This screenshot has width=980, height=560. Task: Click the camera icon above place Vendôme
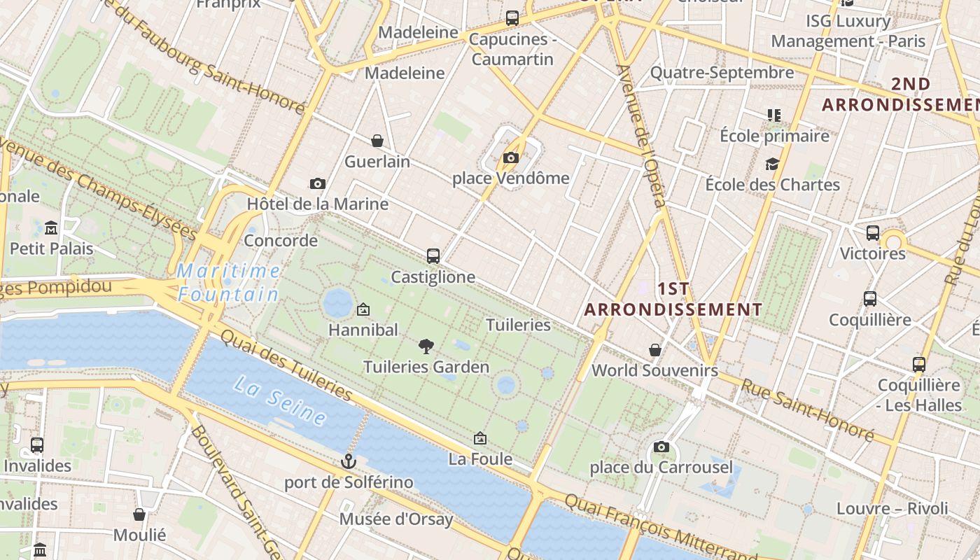[x=511, y=157]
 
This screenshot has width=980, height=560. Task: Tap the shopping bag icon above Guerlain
[x=377, y=141]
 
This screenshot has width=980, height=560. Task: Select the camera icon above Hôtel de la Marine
[x=318, y=183]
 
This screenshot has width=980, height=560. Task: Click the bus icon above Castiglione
[x=433, y=256]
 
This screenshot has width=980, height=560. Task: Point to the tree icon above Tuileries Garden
[x=426, y=346]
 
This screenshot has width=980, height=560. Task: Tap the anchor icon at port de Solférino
[x=348, y=461]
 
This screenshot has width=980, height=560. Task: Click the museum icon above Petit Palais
[x=51, y=228]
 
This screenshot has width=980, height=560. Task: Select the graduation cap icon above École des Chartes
[x=772, y=164]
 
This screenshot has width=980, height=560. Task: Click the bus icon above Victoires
[x=873, y=233]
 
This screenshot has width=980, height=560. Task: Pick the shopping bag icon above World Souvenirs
[x=655, y=349]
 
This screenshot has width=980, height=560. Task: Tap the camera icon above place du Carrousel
[x=661, y=447]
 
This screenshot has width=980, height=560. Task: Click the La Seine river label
[x=280, y=401]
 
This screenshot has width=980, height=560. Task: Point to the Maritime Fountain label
[x=228, y=283]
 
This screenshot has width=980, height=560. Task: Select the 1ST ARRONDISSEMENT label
[x=673, y=299]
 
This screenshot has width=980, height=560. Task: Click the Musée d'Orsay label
[x=396, y=519]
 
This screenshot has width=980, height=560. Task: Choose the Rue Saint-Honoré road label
[x=808, y=410]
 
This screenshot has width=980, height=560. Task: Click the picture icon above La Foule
[x=480, y=439]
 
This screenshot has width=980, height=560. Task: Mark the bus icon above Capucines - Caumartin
[x=512, y=18]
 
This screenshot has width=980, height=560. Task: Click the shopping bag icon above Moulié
[x=139, y=514]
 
